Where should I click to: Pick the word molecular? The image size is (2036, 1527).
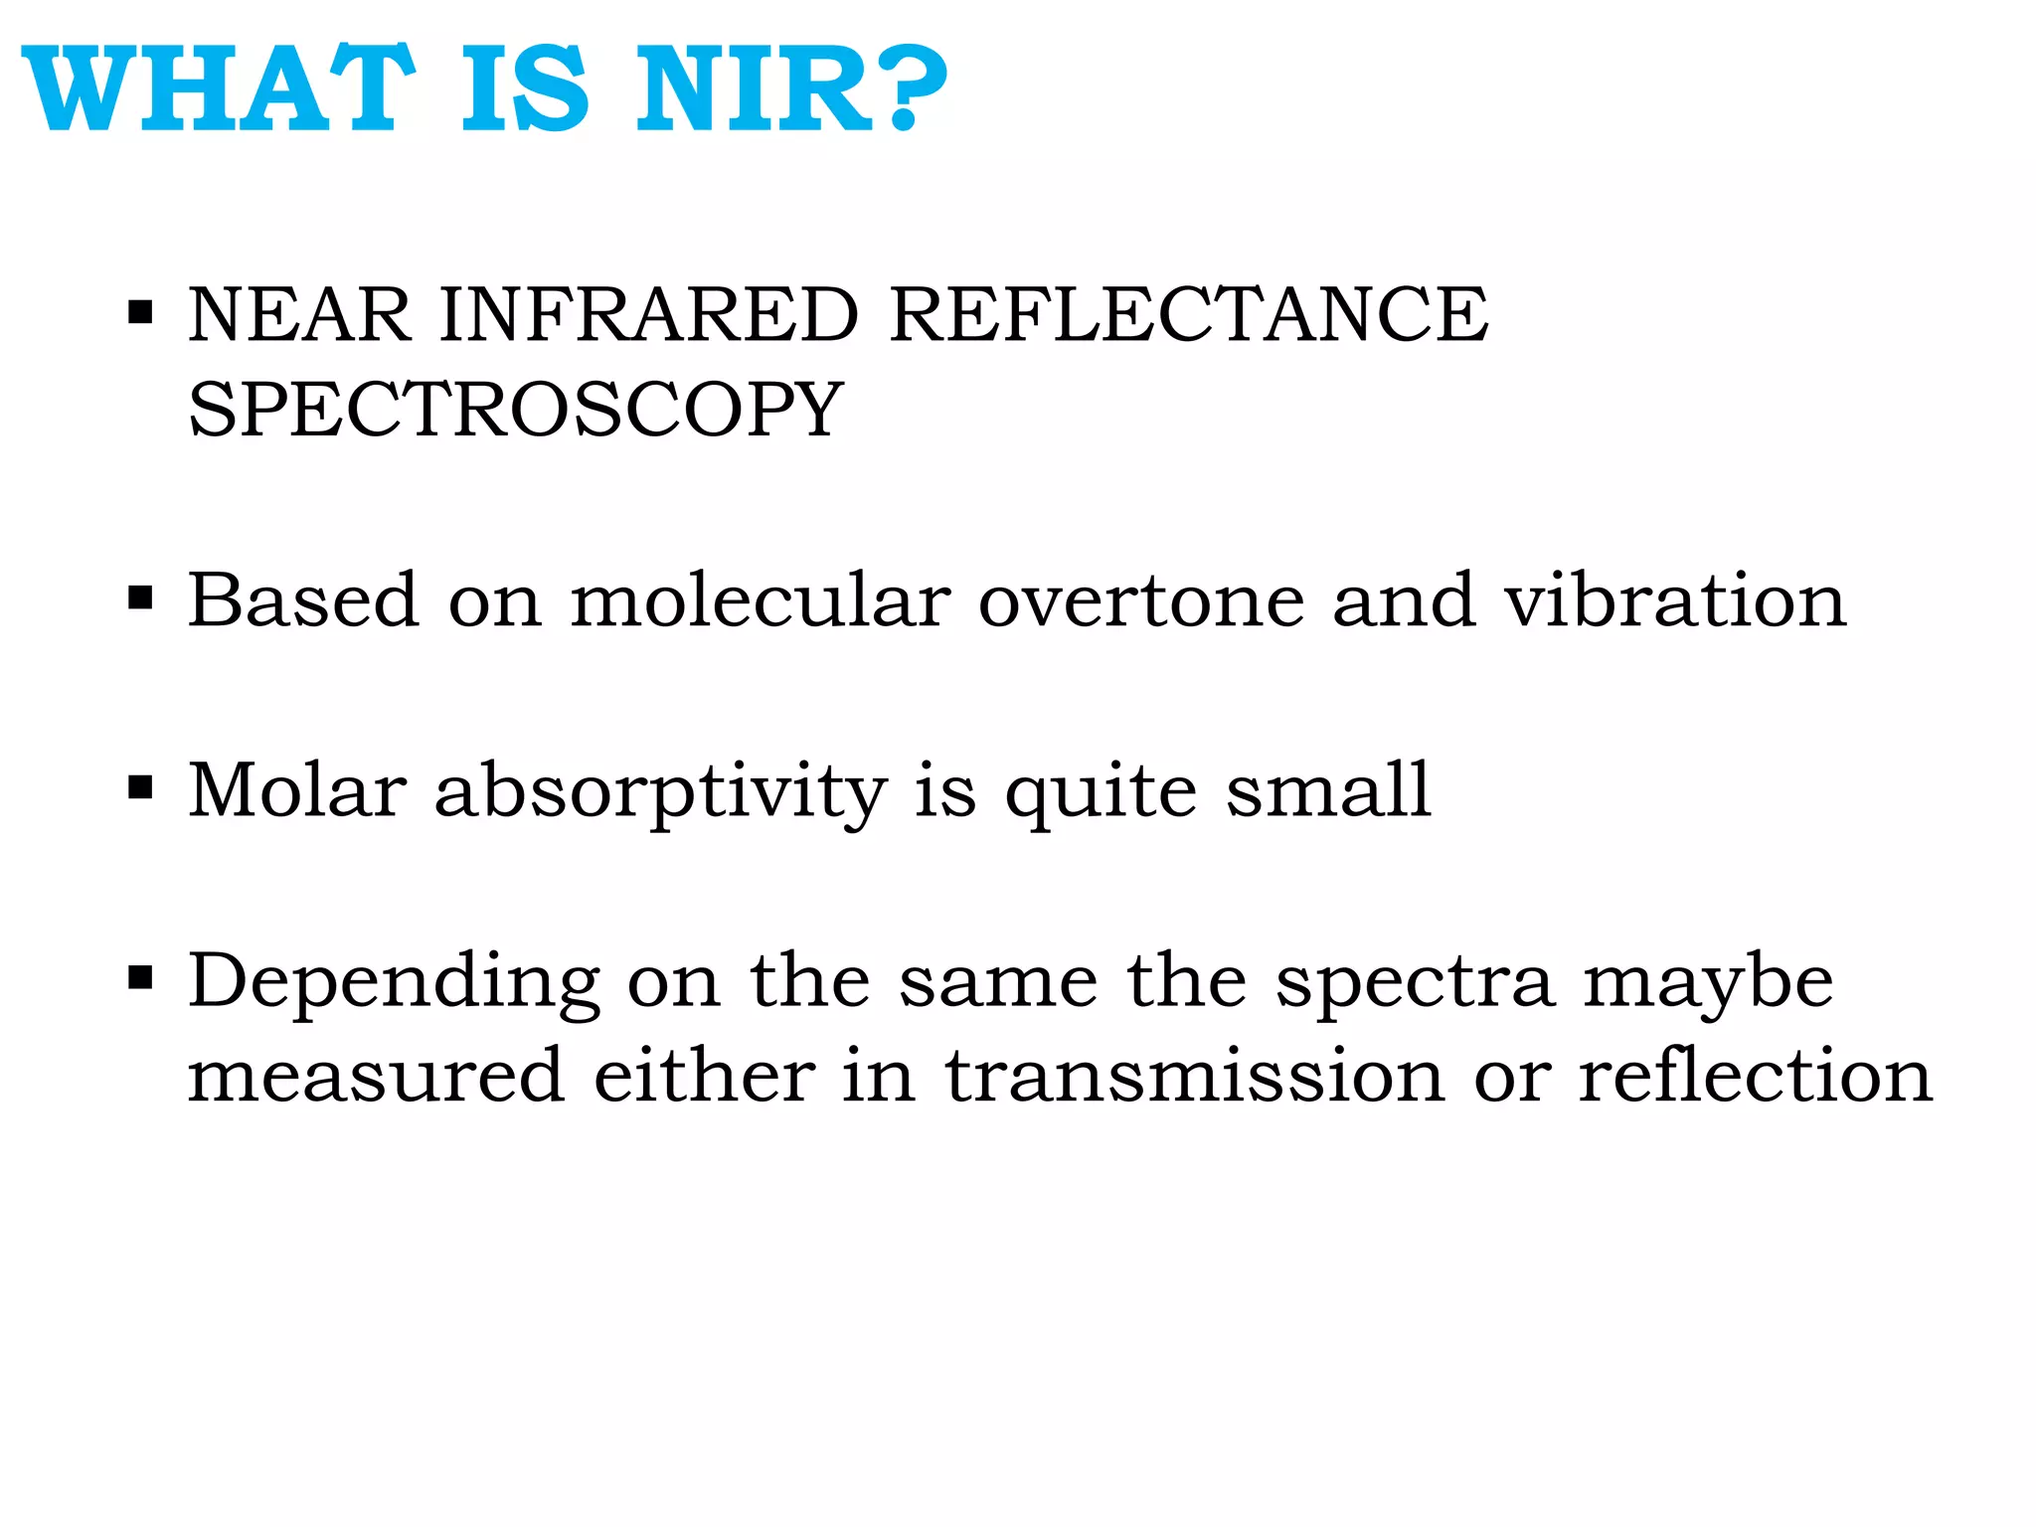tap(761, 600)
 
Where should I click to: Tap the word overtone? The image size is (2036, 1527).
tap(1141, 602)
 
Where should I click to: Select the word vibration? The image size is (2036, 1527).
tap(1675, 600)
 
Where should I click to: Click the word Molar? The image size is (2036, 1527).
tap(297, 790)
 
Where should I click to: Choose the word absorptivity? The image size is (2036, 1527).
tap(660, 792)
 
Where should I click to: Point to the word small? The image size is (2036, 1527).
tap(1328, 790)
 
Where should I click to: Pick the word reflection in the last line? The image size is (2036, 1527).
tap(1756, 1076)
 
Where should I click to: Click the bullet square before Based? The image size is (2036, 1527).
tap(140, 598)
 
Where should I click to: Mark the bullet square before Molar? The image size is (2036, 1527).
tap(140, 788)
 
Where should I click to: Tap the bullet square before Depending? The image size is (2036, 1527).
tap(140, 978)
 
